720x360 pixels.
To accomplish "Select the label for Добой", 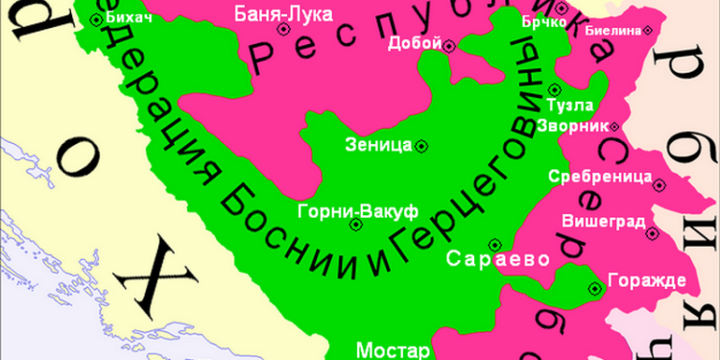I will coord(415,43).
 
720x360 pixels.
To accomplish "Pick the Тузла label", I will coord(569,105).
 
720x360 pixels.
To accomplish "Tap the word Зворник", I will coord(575,126).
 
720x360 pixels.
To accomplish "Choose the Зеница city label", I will coord(377,146).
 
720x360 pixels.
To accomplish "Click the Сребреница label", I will coord(600,177).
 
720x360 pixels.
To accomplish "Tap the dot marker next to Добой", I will coord(450,43).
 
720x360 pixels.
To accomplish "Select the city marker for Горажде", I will coord(596,285).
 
